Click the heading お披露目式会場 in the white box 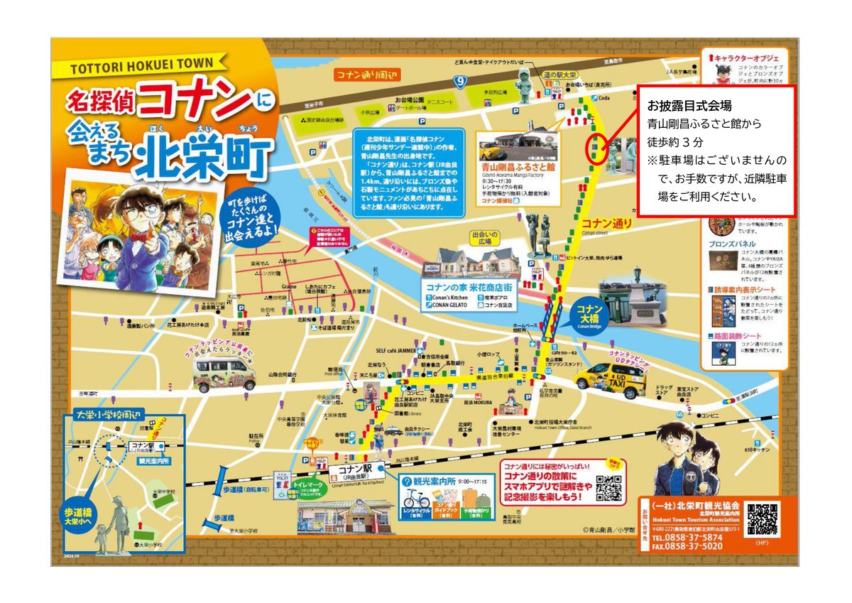click(x=679, y=106)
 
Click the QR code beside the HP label click(x=763, y=521)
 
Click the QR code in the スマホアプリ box click(x=608, y=487)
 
